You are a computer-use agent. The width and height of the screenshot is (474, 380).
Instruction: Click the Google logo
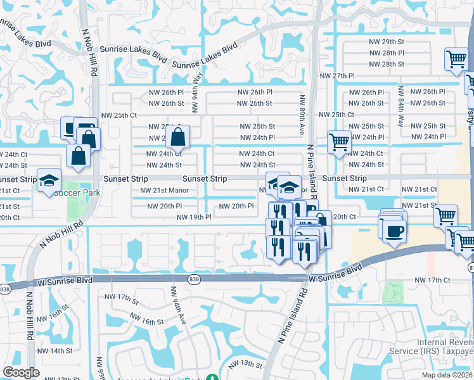[x=21, y=372]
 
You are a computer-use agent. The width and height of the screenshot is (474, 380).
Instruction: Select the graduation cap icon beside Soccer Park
[x=49, y=181]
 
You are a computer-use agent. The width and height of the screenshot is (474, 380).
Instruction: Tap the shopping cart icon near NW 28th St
[x=456, y=60]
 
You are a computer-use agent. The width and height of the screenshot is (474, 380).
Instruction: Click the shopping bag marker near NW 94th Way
[x=179, y=136]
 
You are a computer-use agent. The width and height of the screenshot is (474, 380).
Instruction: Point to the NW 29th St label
[x=388, y=41]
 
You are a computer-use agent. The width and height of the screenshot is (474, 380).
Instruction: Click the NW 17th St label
[x=120, y=298]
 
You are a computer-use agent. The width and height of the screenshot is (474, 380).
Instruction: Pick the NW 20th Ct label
[x=344, y=217]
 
